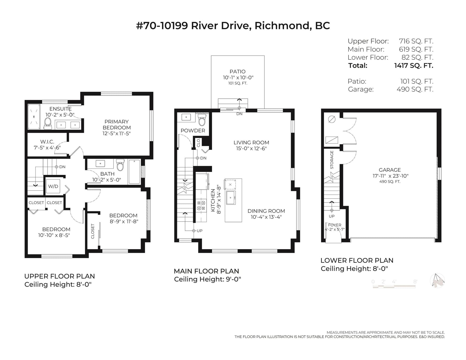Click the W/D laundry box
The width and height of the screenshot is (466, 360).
[x=53, y=186]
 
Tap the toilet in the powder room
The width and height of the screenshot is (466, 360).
[x=202, y=120]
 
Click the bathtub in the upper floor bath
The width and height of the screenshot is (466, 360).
[x=134, y=172]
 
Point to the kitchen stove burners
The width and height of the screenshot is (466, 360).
[x=201, y=205]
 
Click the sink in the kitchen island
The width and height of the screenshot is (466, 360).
[x=231, y=198]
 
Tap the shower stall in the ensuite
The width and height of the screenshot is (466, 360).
[x=34, y=117]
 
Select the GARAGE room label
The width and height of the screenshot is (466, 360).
[x=390, y=170]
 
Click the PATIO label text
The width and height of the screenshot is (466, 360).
[x=237, y=72]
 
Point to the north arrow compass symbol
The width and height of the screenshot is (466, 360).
[x=437, y=281]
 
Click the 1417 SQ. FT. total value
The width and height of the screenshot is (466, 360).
[x=414, y=65]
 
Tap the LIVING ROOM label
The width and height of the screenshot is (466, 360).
[x=251, y=143]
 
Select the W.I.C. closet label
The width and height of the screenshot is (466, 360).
[x=47, y=142]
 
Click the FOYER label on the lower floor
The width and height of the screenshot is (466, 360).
[x=335, y=225]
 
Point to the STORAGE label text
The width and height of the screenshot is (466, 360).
[x=332, y=160]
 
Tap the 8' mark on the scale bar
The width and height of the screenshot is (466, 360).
[x=415, y=282]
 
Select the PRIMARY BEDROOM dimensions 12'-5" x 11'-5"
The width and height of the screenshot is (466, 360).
[x=116, y=134]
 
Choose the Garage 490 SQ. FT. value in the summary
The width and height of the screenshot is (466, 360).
[x=415, y=89]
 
